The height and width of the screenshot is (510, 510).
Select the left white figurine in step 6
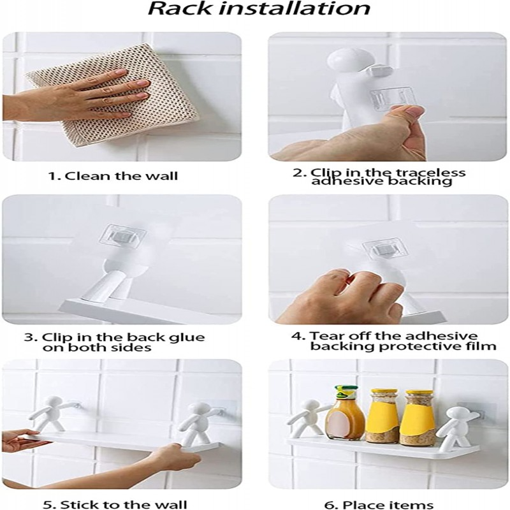(x=310, y=418)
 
